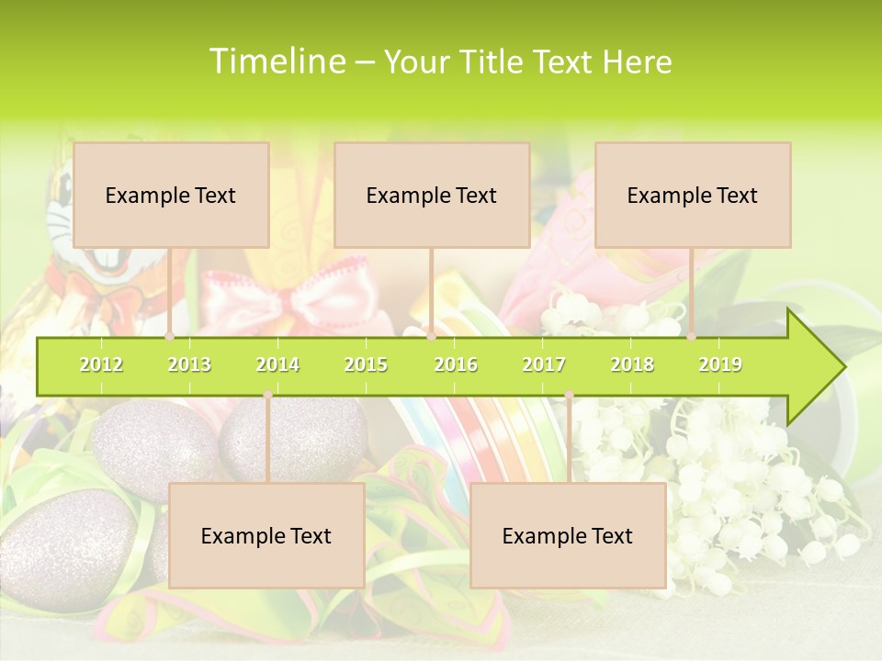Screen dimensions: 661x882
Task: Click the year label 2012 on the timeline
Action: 101,364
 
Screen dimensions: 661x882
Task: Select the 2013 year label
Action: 189,364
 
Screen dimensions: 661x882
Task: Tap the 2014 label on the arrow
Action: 277,364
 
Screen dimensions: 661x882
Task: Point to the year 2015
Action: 366,364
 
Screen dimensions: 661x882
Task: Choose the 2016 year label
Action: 456,364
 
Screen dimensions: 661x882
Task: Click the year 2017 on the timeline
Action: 544,364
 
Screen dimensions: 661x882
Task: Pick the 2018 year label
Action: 632,364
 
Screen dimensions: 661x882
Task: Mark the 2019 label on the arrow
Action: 720,364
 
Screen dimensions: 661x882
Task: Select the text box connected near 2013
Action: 171,195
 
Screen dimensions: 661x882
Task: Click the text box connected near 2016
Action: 432,195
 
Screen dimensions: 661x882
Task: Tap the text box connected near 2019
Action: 693,195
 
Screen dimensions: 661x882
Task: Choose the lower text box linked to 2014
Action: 266,535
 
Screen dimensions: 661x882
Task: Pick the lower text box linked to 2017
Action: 568,535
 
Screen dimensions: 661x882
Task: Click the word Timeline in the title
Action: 276,62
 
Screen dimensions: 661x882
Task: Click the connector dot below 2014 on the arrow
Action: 267,395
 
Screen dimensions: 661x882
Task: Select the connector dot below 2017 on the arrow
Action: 569,395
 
